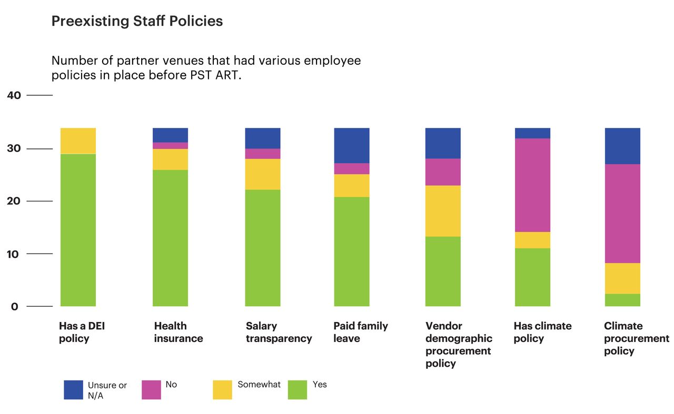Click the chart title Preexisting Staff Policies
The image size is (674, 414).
coord(137,21)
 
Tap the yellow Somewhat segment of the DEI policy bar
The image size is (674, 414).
coord(78,140)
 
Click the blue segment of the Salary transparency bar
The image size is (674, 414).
coord(263,138)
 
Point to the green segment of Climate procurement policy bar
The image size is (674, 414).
coord(622,300)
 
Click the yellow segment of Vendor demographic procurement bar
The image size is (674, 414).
coord(443,211)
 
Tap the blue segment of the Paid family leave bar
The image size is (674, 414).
coord(352,145)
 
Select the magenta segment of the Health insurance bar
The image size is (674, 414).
coord(170,146)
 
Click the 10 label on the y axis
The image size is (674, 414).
coord(14,254)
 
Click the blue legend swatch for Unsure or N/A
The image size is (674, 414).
coord(74,390)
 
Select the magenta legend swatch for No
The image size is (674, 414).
coord(151,390)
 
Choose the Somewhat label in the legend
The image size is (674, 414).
coord(259,385)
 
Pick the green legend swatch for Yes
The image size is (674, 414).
coord(298,390)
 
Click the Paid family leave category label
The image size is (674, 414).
coord(360,332)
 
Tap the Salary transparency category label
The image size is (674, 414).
coord(279,332)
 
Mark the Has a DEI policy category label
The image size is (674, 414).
coord(82,332)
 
